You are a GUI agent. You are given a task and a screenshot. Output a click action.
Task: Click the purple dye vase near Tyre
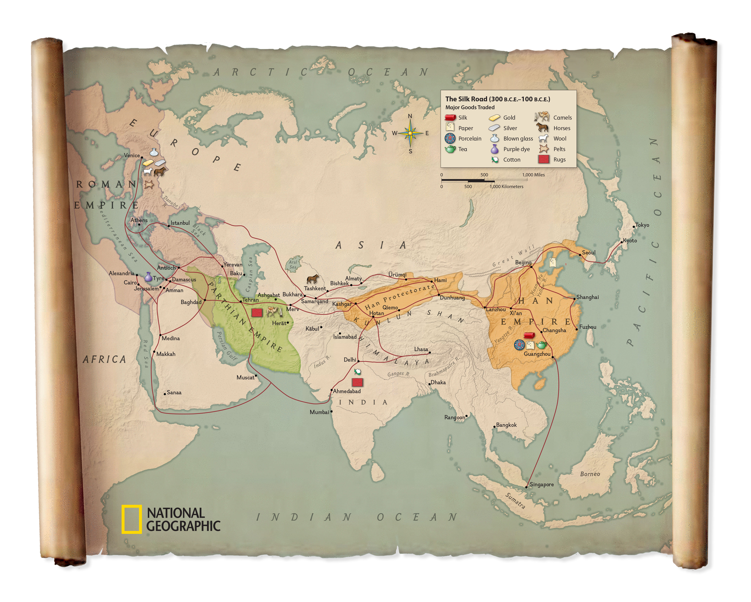click(148, 277)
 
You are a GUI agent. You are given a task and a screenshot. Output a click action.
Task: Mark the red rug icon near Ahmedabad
click(357, 382)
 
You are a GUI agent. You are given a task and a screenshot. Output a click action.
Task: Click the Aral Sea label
click(293, 265)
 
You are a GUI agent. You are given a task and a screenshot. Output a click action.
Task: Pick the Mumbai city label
click(319, 412)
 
